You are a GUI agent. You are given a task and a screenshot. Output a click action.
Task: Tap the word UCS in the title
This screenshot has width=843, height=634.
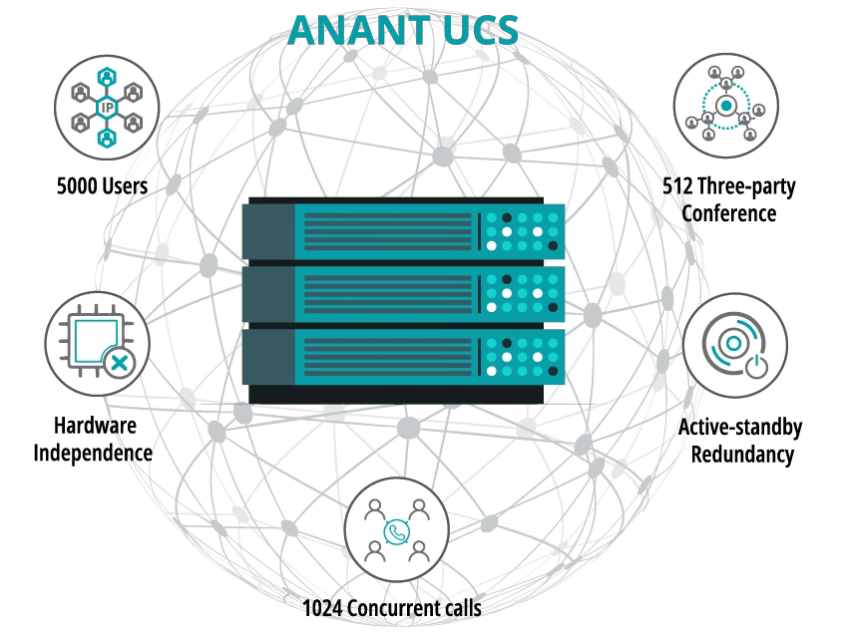point(478,30)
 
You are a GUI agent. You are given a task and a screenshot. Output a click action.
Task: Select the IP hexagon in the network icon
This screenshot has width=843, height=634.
point(106,108)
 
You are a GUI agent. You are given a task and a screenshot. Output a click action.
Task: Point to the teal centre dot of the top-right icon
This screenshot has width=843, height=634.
point(726,105)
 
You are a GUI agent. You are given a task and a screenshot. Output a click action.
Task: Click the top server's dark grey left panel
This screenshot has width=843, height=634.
point(267,231)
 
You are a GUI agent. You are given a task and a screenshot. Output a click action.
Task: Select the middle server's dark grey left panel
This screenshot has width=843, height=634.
point(267,294)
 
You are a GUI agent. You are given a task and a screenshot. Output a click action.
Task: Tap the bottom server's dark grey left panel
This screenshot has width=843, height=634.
point(267,359)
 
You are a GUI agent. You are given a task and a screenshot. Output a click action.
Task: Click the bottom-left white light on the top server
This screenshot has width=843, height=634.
point(491,245)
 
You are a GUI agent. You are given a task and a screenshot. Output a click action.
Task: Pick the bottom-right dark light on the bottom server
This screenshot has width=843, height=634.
point(553,372)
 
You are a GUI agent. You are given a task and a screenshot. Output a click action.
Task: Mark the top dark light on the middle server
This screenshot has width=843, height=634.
point(507,279)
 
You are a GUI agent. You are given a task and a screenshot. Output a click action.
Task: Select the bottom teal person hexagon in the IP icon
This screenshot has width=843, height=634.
point(106,137)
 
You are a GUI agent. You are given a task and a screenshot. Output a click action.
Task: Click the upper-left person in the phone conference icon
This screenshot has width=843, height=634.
point(374,511)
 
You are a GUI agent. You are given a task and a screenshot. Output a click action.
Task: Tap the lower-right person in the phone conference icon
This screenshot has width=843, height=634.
point(419,549)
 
